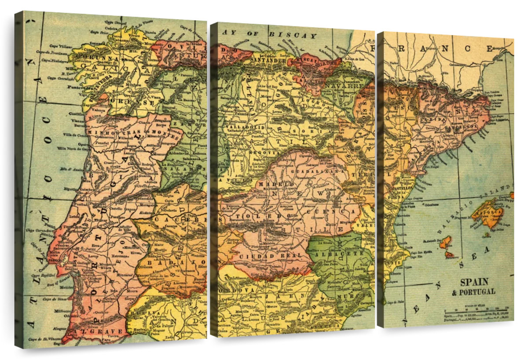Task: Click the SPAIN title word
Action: tap(474, 282)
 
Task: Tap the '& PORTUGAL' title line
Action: tap(473, 292)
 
